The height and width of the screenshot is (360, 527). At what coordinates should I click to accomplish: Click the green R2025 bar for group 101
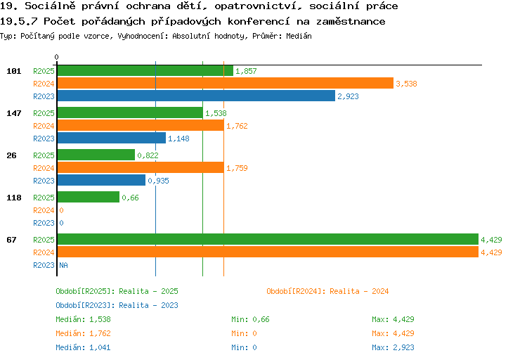(145, 70)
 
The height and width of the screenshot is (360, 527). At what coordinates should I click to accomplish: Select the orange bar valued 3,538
(225, 83)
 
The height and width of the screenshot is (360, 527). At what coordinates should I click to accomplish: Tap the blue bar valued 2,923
(196, 96)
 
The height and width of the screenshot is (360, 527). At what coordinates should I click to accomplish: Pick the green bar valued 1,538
(130, 112)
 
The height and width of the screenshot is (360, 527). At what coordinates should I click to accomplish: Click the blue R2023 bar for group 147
(112, 138)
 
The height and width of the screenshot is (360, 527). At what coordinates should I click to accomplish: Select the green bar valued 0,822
(96, 155)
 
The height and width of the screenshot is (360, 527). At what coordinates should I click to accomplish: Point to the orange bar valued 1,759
(141, 167)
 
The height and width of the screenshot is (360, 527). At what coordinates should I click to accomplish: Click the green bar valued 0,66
(89, 197)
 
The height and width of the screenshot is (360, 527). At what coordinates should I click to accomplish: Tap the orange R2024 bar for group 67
(268, 252)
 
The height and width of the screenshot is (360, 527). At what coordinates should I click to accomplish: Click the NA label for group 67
(63, 265)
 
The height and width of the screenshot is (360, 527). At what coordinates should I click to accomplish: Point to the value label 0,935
(158, 181)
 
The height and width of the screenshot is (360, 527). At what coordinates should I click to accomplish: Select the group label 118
(14, 198)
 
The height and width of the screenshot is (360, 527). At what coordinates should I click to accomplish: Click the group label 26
(11, 155)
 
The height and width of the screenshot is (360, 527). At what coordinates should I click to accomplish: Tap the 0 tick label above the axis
(56, 57)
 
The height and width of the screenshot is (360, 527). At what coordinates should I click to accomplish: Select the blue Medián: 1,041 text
(83, 347)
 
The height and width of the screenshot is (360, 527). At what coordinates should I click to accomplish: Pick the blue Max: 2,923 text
(393, 347)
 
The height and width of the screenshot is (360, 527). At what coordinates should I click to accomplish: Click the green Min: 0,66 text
(250, 319)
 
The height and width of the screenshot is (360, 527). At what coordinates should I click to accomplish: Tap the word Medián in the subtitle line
(299, 36)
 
